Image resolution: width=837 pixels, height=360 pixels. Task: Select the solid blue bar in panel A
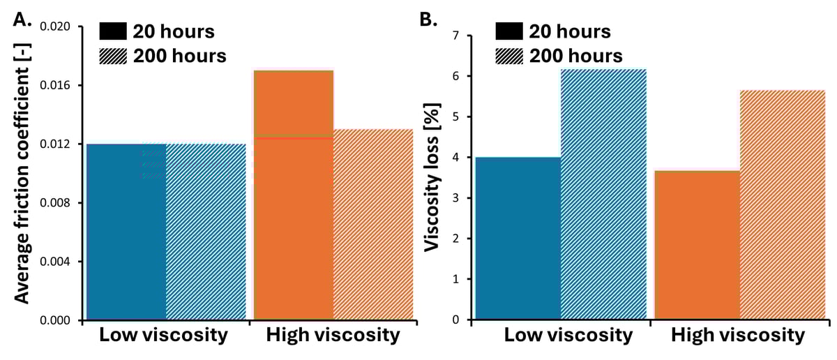[x=126, y=232]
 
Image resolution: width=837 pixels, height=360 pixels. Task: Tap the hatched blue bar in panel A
[x=206, y=232]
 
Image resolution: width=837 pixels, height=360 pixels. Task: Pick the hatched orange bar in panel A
[x=373, y=224]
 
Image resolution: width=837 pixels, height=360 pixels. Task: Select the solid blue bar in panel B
[x=518, y=238]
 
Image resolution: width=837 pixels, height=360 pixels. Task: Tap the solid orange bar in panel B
[x=696, y=245]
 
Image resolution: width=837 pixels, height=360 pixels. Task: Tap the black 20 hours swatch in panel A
[x=113, y=31]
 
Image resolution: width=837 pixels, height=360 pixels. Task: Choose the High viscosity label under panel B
[x=738, y=336]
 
